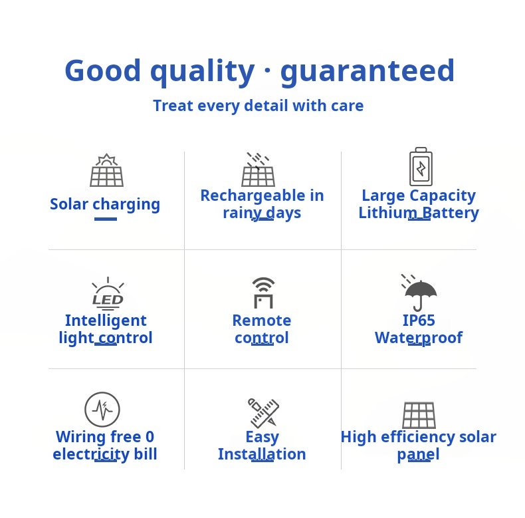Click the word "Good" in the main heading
click(103, 70)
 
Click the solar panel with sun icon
click(106, 170)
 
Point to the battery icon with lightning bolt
click(421, 166)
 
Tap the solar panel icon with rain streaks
click(258, 169)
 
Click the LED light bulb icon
click(108, 293)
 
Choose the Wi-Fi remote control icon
click(264, 293)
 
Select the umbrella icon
click(419, 293)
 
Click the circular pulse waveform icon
click(102, 410)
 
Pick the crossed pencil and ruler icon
click(263, 413)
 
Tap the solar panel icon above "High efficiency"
click(419, 415)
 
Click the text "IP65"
click(419, 321)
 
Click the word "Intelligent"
click(106, 321)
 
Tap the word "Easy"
click(262, 438)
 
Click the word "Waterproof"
click(419, 338)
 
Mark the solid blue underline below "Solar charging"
click(106, 219)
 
